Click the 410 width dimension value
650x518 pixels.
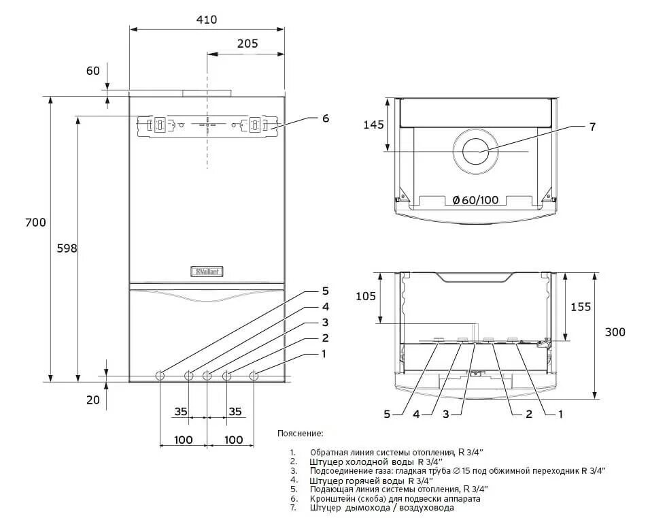pos(207,20)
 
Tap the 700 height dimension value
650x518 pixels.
pos(35,223)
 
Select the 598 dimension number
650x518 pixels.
pos(67,248)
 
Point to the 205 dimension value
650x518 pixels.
pos(247,43)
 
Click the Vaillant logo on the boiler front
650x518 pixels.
pos(210,272)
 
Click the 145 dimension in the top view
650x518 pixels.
pos(373,125)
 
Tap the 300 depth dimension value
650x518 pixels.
pos(615,332)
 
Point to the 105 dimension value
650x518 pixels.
pos(366,296)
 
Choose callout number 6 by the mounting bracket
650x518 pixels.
pos(326,118)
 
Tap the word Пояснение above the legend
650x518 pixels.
pos(301,433)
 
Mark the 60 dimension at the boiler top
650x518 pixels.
pos(93,70)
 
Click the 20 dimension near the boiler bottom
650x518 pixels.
pos(93,400)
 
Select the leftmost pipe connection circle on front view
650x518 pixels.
pos(160,375)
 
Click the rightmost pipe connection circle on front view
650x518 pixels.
pos(254,375)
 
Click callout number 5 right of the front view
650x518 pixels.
pos(325,291)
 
